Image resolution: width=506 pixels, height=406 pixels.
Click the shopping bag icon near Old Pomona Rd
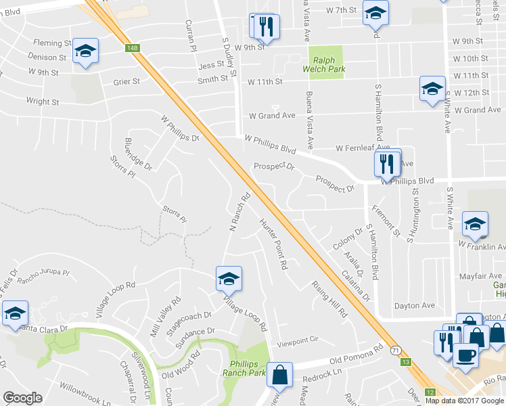click(279, 374)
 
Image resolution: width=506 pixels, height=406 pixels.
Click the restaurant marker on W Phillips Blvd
click(386, 163)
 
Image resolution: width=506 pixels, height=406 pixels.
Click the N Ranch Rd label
click(240, 215)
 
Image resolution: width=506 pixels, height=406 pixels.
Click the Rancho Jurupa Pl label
click(43, 277)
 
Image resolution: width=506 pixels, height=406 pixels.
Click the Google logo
click(22, 397)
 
